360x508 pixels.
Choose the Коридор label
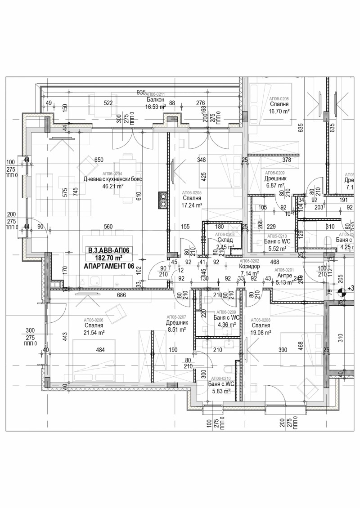coord(250,267)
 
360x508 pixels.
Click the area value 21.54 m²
coord(94,332)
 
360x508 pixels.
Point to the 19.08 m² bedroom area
coord(261,333)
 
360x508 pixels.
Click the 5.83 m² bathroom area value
coord(221,391)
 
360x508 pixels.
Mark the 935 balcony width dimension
coord(141,92)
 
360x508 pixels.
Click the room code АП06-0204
coord(112,174)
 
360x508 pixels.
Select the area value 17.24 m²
coord(191,204)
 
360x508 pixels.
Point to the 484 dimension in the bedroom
coord(101,349)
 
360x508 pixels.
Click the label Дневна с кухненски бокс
coord(112,179)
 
